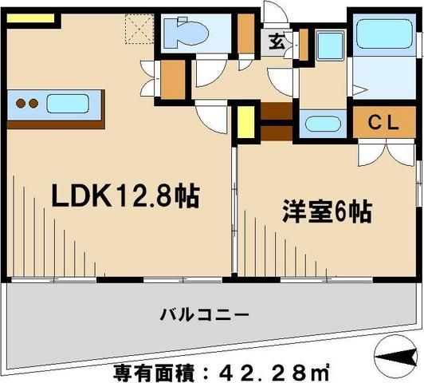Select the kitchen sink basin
click(71, 103)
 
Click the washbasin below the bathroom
click(322, 124)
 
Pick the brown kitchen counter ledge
click(57, 122)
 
